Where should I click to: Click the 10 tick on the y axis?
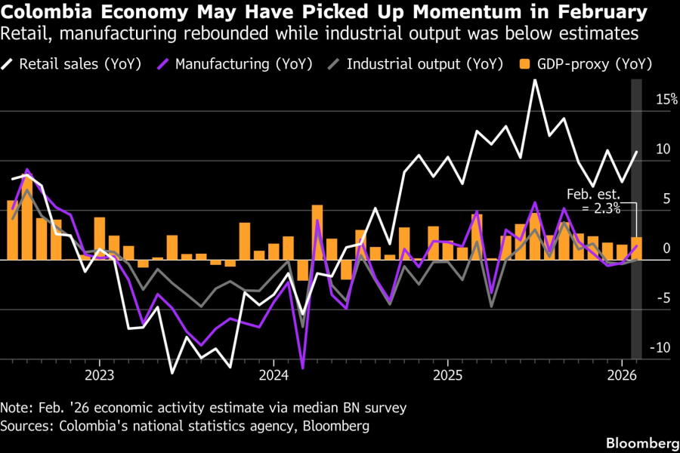coord(663,149)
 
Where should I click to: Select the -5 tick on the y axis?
coord(663,297)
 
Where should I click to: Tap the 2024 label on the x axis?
coord(274,375)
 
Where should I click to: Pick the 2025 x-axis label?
coord(447,375)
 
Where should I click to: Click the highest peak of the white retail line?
coord(535,80)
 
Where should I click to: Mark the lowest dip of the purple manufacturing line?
coord(303,368)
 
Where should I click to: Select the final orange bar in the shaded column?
coord(637,249)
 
